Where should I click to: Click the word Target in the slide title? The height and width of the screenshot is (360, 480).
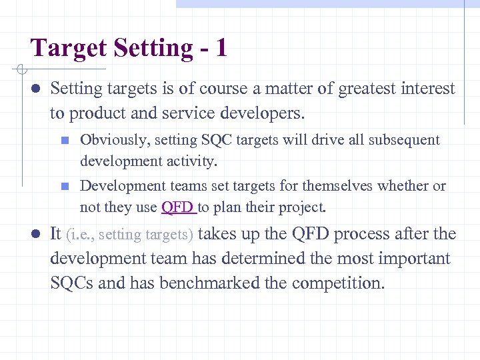(69, 48)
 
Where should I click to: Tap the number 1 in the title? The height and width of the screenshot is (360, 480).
(221, 48)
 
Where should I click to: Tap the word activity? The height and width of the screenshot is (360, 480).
(195, 161)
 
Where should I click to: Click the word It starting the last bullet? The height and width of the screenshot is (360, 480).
(55, 234)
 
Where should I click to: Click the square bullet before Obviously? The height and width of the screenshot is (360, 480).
(65, 141)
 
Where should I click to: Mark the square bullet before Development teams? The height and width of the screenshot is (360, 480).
(65, 187)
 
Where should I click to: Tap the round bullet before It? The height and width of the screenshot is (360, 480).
(37, 234)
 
